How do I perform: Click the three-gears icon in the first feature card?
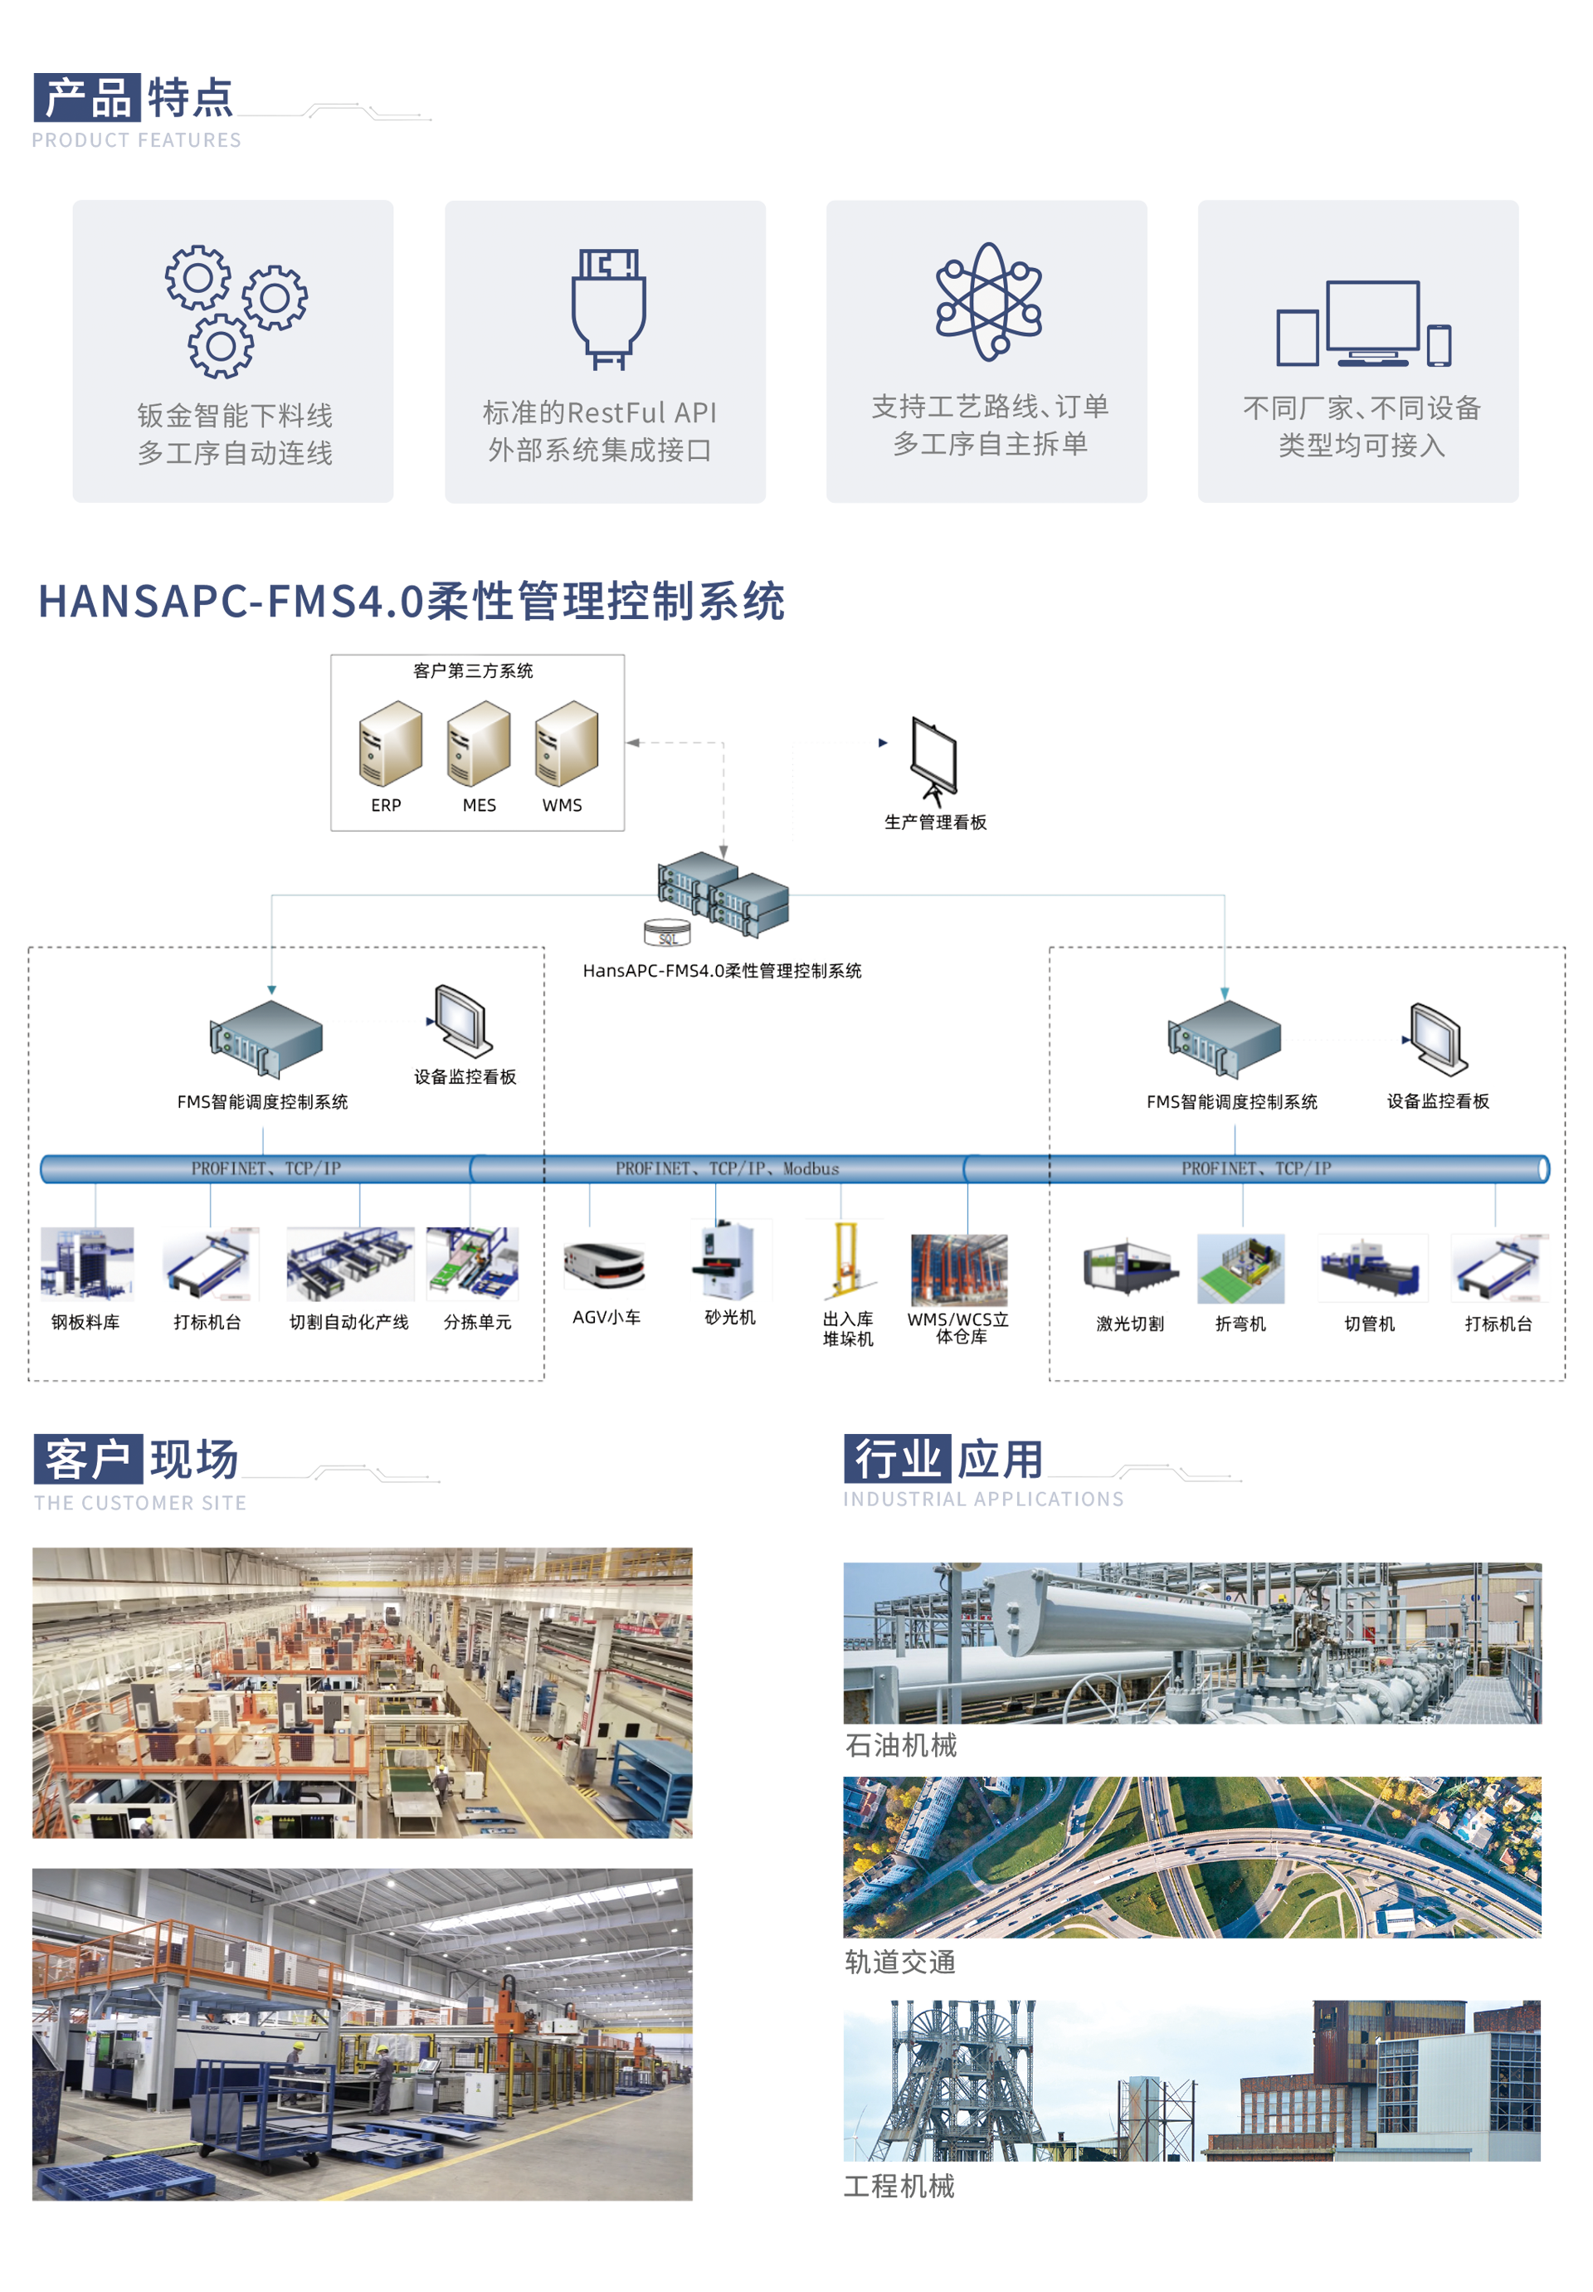coord(235,310)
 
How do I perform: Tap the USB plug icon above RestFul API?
coord(608,309)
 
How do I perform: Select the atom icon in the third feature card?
coord(988,300)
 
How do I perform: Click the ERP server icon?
coord(390,743)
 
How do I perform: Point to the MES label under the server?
coord(479,806)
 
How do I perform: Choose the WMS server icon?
coord(566,743)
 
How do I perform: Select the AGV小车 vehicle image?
coord(604,1265)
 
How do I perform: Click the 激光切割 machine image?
coord(1129,1268)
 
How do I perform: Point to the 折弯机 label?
coord(1240,1324)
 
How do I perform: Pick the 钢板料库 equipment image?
coord(87,1263)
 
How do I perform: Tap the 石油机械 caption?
coord(900,1746)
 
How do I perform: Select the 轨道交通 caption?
coord(900,1963)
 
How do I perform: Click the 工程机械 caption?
coord(899,2186)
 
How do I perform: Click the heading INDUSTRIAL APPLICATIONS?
coord(983,1500)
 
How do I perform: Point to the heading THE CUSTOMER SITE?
coord(139,1504)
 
